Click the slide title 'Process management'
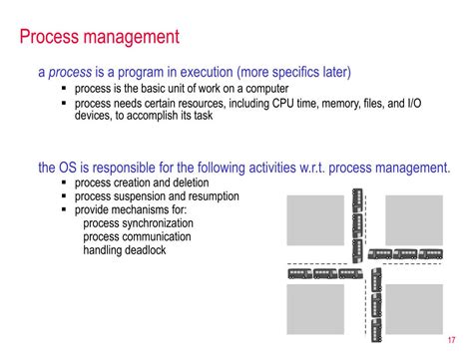[100, 38]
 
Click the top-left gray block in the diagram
[315, 220]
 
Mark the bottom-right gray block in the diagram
[413, 309]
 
